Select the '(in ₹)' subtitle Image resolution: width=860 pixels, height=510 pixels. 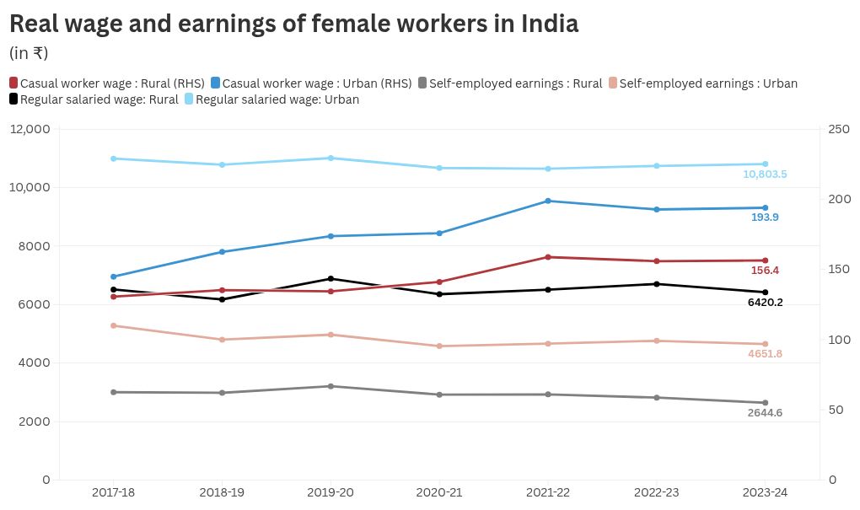coord(29,53)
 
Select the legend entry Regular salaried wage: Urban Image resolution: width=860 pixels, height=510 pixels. coord(271,99)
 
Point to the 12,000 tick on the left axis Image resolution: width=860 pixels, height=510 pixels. coord(31,129)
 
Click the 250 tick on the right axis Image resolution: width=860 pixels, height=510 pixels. coord(839,129)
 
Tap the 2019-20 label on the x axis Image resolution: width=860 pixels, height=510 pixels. coord(331,492)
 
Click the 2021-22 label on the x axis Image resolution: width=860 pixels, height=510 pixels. coord(548,492)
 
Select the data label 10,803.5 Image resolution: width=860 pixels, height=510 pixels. coord(765,174)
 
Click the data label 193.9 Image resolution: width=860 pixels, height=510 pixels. coord(765,217)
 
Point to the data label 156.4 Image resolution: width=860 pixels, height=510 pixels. coord(765,271)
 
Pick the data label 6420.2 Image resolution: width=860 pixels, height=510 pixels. coord(765,303)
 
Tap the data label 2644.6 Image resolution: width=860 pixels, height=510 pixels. coord(765,413)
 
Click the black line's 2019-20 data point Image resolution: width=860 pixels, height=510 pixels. coord(331,279)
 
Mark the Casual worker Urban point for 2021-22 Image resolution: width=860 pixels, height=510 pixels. coord(548,201)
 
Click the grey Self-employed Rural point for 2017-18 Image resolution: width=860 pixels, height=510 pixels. coord(113,392)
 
